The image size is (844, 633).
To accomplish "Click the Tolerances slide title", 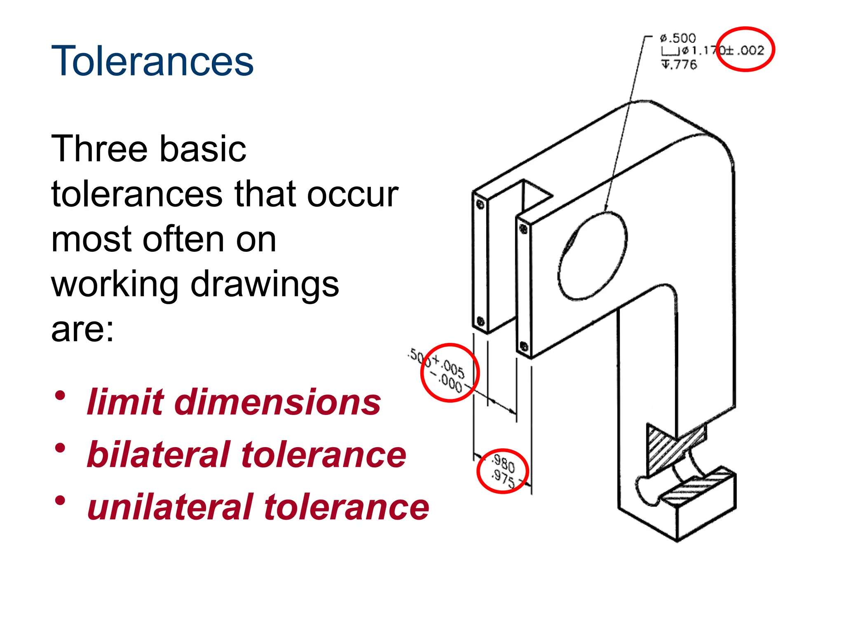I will [x=152, y=61].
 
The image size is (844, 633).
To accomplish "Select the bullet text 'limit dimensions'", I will [x=234, y=402].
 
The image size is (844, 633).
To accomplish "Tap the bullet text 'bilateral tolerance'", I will [x=246, y=454].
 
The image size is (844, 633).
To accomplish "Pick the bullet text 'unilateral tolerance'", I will [x=258, y=507].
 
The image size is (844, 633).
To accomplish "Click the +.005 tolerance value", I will [x=450, y=366].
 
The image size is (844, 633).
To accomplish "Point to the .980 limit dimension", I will [x=504, y=463].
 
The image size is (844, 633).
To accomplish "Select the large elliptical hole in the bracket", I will [x=592, y=256].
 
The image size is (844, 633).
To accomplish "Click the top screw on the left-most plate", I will [x=480, y=204].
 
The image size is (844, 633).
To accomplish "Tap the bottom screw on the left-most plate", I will [x=480, y=321].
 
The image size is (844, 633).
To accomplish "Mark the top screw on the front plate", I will [x=524, y=229].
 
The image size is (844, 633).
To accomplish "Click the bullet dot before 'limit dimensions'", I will [x=60, y=396].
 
